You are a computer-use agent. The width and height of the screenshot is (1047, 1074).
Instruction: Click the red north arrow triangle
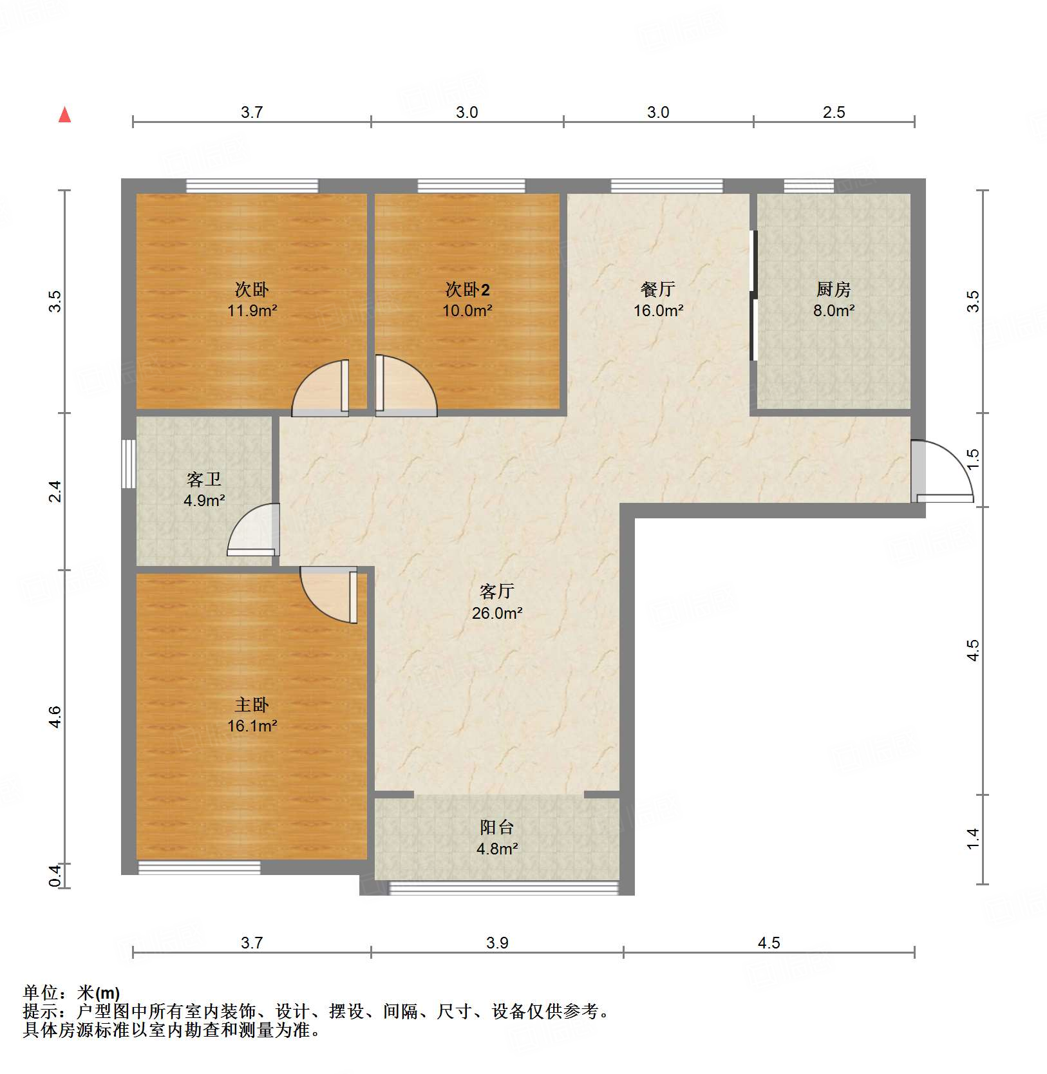[x=64, y=115]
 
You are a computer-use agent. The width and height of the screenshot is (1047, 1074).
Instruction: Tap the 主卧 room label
[x=252, y=705]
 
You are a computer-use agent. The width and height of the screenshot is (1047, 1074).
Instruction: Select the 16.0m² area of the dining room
[x=658, y=310]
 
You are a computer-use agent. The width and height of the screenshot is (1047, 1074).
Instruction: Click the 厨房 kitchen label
[x=833, y=290]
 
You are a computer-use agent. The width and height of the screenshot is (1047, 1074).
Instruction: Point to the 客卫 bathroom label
[x=204, y=479]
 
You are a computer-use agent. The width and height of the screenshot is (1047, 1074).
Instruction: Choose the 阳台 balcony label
[x=496, y=827]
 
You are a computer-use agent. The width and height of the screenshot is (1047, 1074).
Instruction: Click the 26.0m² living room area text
[x=496, y=613]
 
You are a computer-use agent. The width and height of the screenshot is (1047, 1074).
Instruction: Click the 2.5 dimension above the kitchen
[x=833, y=113]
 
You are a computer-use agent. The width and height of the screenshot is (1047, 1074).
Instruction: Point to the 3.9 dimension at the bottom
[x=497, y=943]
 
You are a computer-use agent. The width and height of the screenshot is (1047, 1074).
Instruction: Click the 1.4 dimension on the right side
[x=973, y=838]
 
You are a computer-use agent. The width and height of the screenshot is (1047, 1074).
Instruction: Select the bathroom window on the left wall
[x=129, y=464]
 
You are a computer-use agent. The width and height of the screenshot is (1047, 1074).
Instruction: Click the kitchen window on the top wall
[x=808, y=186]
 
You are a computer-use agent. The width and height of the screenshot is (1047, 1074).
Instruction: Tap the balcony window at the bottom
[x=504, y=889]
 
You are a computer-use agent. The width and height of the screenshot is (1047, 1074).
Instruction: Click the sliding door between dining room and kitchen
[x=753, y=296]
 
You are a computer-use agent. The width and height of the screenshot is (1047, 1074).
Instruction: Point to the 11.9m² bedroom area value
[x=252, y=311]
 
